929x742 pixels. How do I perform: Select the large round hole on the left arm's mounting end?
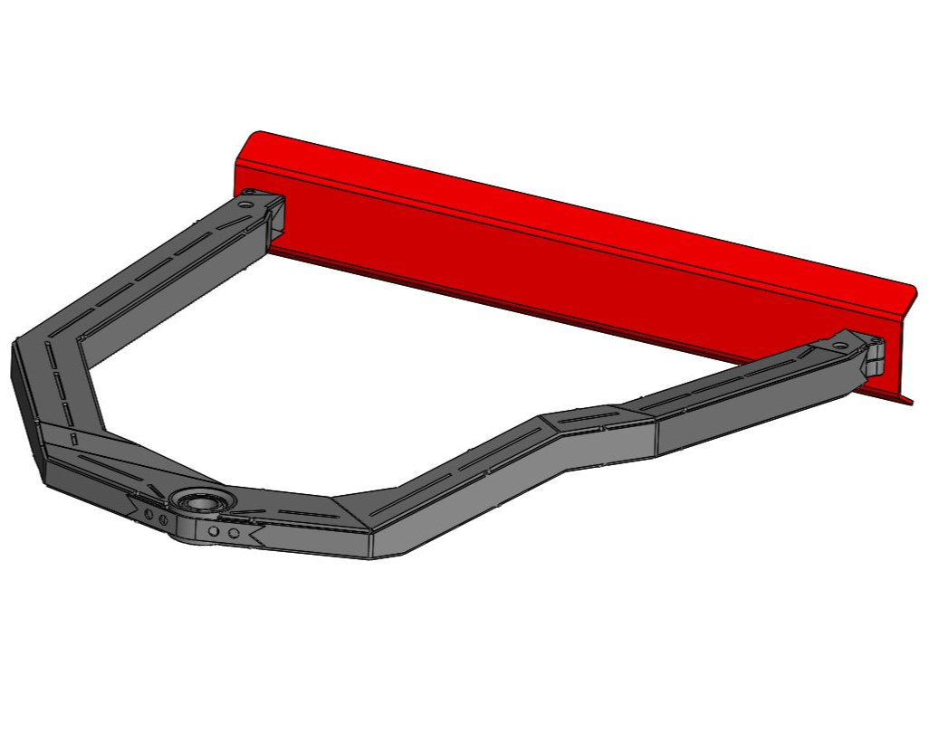click(x=244, y=205)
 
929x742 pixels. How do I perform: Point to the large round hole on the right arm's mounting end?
click(x=840, y=346)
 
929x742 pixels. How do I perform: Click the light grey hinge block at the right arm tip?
click(x=876, y=356)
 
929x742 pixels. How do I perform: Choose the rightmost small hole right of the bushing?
click(x=234, y=534)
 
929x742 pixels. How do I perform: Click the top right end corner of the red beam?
click(x=912, y=292)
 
